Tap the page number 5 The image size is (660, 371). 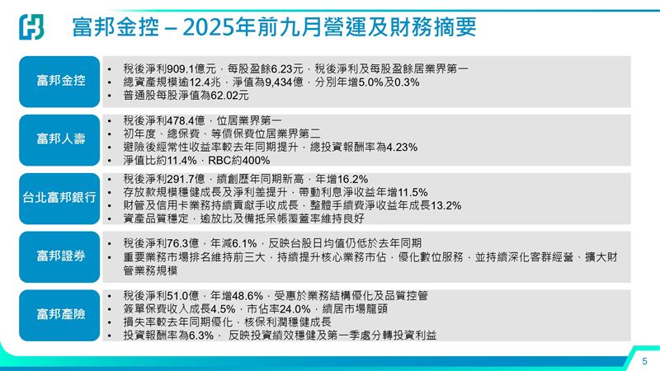(645, 361)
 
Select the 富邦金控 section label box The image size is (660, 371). (60, 82)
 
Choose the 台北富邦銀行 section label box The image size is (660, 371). (60, 198)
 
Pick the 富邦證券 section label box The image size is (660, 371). (60, 256)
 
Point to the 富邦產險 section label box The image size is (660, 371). (60, 314)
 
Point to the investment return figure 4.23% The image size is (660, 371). (400, 148)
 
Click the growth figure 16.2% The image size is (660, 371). (351, 178)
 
